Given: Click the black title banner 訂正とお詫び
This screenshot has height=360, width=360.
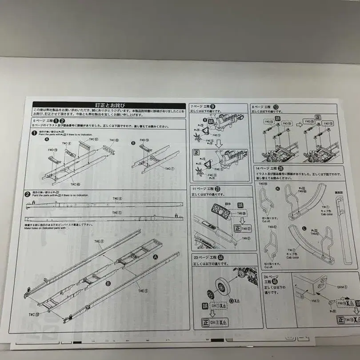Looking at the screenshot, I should [110, 105].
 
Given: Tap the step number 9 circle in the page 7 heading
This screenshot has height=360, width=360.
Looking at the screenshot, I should [212, 107].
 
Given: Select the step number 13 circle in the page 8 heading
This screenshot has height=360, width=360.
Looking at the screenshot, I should [276, 107].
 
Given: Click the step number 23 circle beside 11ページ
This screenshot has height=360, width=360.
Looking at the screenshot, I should [217, 188].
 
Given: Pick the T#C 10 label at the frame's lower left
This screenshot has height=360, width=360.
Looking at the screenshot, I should [34, 314].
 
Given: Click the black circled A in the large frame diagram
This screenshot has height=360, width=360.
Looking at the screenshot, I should [156, 257].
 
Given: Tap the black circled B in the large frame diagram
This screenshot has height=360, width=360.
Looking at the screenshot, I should [108, 283].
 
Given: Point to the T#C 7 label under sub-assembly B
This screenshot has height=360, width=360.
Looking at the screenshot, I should [170, 169].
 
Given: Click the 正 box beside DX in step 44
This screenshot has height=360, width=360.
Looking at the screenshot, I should [206, 322].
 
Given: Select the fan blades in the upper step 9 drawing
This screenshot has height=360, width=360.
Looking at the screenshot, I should [197, 132].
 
